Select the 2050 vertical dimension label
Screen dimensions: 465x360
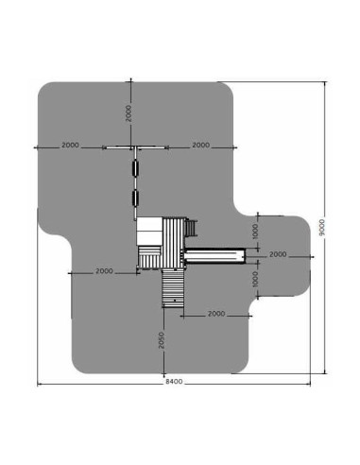point(163,339)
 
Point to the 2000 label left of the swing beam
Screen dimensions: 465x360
point(69,146)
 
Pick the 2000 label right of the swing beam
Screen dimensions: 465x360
point(199,146)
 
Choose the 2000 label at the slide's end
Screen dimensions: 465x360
point(278,254)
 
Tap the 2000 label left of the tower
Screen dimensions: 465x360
point(105,271)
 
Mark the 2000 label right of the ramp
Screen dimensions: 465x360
point(215,313)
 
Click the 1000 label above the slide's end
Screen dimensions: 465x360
point(255,231)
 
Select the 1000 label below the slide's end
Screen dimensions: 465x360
point(255,278)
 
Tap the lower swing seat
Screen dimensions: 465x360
point(135,198)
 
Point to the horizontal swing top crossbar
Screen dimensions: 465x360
point(133,147)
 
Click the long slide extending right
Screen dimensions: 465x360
point(214,253)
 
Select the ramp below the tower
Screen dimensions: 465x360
point(173,285)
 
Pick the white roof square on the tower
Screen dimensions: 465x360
point(150,232)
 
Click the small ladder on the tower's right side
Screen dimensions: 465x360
point(193,228)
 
